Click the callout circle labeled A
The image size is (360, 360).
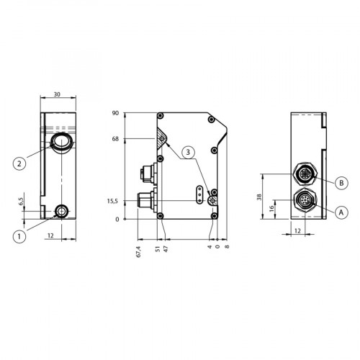pyautogui.click(x=339, y=211)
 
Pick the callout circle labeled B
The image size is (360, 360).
pyautogui.click(x=339, y=183)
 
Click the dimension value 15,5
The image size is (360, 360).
pyautogui.click(x=113, y=202)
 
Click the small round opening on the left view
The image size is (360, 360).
pyautogui.click(x=62, y=211)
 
